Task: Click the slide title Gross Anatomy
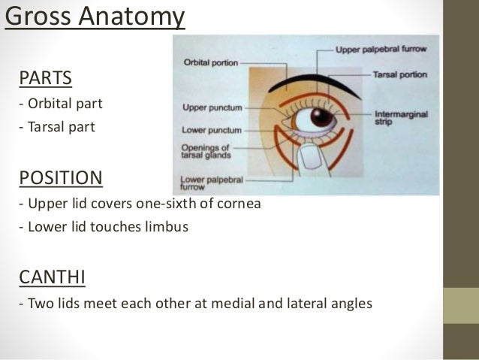coord(94,17)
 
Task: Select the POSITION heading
coord(60,179)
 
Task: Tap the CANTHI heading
coord(52,279)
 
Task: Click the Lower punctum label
coord(209,129)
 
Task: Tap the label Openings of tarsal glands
coord(206,152)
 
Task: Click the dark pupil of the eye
coord(323,117)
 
